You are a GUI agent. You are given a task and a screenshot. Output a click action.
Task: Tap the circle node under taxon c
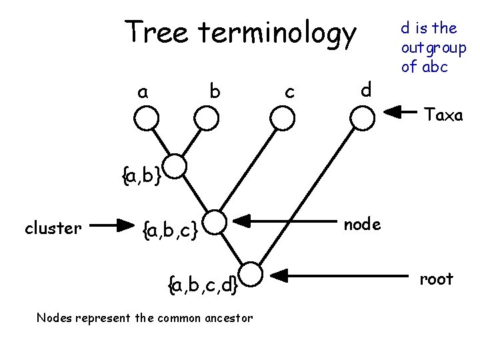tap(283, 118)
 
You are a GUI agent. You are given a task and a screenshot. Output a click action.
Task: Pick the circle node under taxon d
tap(363, 118)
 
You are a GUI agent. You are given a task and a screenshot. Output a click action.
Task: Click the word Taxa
tap(444, 115)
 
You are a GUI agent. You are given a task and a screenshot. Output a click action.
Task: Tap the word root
tap(437, 279)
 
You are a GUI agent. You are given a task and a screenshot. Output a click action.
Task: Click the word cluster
tap(53, 228)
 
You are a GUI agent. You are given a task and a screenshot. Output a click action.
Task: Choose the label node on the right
tap(362, 224)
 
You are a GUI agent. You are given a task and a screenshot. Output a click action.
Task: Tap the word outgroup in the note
tap(433, 47)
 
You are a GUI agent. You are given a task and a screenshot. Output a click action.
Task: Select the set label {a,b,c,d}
tap(203, 285)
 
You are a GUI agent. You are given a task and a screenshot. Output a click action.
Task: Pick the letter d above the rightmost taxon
tap(366, 88)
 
